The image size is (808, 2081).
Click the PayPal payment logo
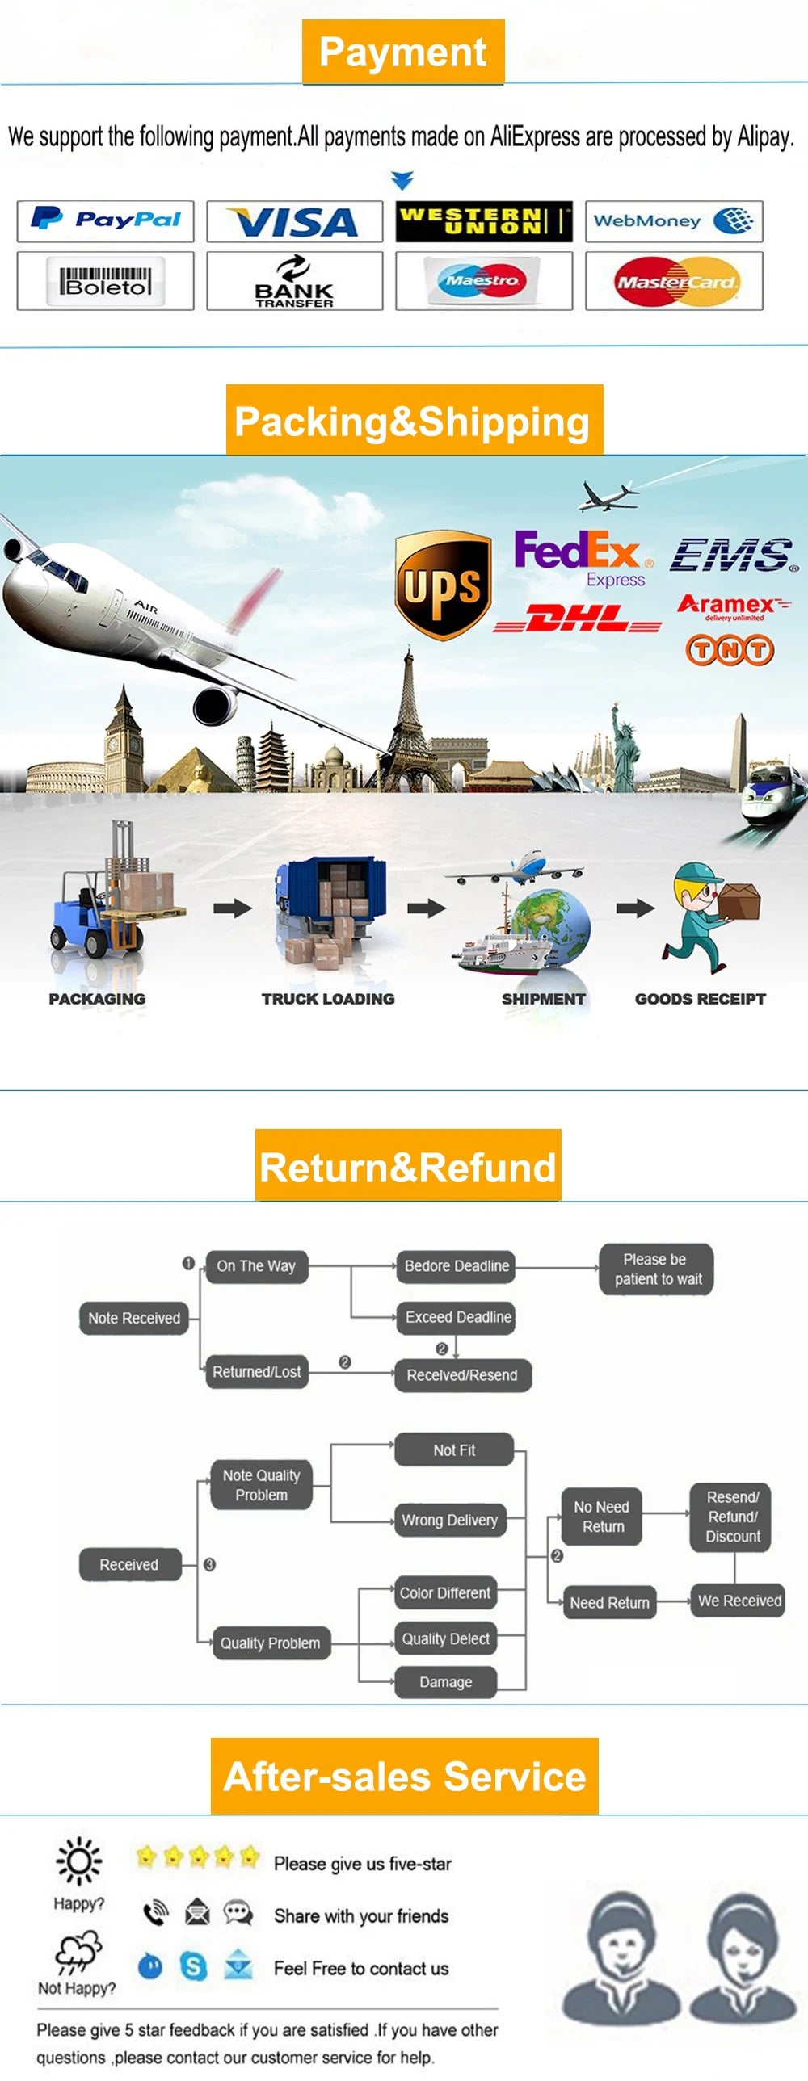[x=105, y=220]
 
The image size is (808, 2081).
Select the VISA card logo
[x=294, y=221]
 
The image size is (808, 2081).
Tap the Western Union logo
[x=484, y=221]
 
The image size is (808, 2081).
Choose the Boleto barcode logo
[x=105, y=280]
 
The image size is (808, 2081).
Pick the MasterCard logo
[x=675, y=281]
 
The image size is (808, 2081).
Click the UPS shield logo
[x=443, y=585]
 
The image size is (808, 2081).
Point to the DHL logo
[x=578, y=619]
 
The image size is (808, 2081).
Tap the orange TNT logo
[x=730, y=649]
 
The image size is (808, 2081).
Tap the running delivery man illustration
[x=709, y=917]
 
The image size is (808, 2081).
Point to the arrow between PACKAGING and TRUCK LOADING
[x=233, y=908]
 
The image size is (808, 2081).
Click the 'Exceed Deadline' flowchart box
[x=457, y=1317]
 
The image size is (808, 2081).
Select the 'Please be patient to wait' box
[x=657, y=1269]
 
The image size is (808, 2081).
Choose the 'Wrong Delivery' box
[x=449, y=1520]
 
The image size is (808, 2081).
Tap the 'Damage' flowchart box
[x=445, y=1681]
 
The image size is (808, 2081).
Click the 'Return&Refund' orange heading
[x=408, y=1165]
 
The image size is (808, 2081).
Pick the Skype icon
[x=193, y=1966]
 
